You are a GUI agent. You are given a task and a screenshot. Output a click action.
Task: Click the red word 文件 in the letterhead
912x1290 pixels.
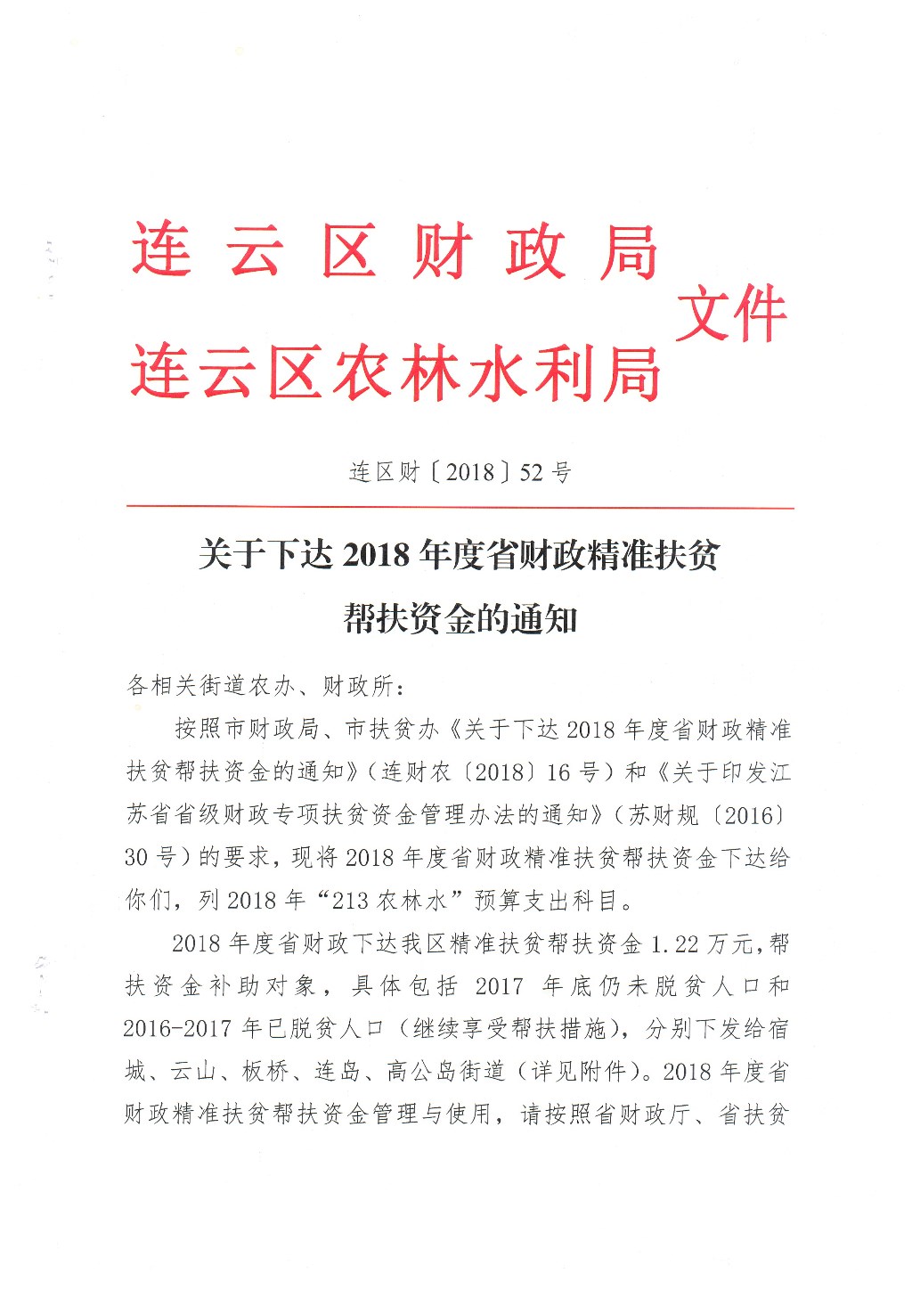click(x=731, y=314)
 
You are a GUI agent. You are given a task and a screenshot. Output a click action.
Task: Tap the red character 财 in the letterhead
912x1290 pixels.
click(x=443, y=250)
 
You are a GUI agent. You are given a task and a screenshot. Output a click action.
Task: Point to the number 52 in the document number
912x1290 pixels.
click(x=531, y=472)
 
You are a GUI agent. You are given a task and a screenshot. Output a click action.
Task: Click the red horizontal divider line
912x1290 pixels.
click(x=460, y=507)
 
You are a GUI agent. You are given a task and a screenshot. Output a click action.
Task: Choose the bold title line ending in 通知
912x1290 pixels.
click(x=460, y=618)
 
